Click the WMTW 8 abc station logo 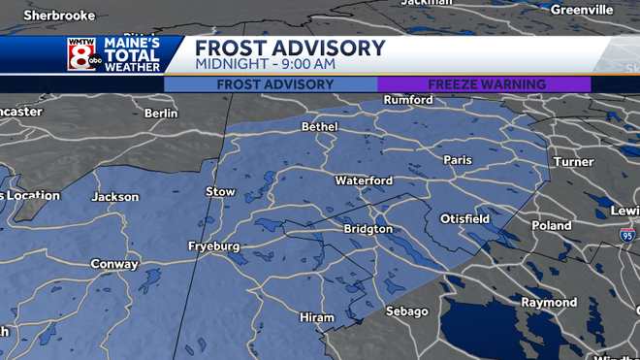tap(81, 54)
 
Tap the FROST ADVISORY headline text tap(290, 48)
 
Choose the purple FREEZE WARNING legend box tap(484, 84)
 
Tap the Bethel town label tap(319, 126)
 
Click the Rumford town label tap(408, 100)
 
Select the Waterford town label tap(364, 180)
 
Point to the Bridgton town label tap(368, 229)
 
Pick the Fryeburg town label tap(213, 246)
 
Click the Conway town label tap(113, 264)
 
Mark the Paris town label tap(457, 159)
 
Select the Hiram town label tap(317, 317)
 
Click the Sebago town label tap(406, 311)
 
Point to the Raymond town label tap(549, 302)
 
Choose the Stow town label tap(221, 192)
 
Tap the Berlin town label tap(161, 113)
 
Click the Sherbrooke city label tap(59, 16)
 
